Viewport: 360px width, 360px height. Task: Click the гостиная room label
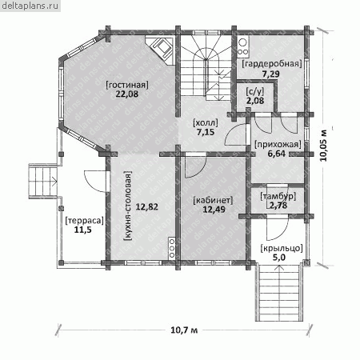tap(127, 85)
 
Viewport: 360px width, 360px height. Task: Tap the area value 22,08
tap(127, 94)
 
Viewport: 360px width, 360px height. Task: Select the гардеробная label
tap(272, 64)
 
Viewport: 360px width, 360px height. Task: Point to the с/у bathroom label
tap(255, 92)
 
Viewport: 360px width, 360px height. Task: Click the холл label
tap(206, 123)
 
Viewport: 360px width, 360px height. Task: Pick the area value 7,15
tap(206, 132)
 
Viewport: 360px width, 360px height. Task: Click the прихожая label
tap(278, 145)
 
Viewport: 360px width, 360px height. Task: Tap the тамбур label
tap(278, 197)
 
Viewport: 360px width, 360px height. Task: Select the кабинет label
tap(213, 200)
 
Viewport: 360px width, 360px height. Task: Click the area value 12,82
tap(146, 206)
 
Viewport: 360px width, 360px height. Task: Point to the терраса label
tap(84, 221)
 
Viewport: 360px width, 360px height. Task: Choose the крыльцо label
tap(282, 248)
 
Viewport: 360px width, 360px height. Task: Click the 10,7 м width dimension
tap(184, 330)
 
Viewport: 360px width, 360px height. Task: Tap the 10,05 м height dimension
tap(323, 145)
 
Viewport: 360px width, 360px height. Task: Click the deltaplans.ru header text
tap(30, 6)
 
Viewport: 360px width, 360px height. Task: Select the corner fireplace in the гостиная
tap(161, 50)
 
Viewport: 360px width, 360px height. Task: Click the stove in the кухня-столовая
tap(172, 248)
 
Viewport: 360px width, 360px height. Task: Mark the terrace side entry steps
tap(43, 182)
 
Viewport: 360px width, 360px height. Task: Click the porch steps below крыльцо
tap(279, 292)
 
